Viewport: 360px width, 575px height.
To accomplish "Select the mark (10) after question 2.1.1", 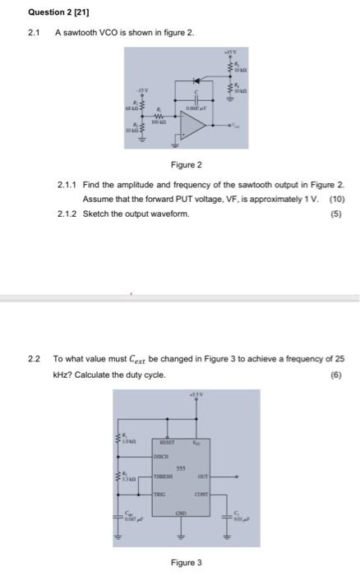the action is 336,200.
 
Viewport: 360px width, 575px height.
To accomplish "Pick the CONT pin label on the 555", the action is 200,496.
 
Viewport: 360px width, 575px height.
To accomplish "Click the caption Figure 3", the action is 186,563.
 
